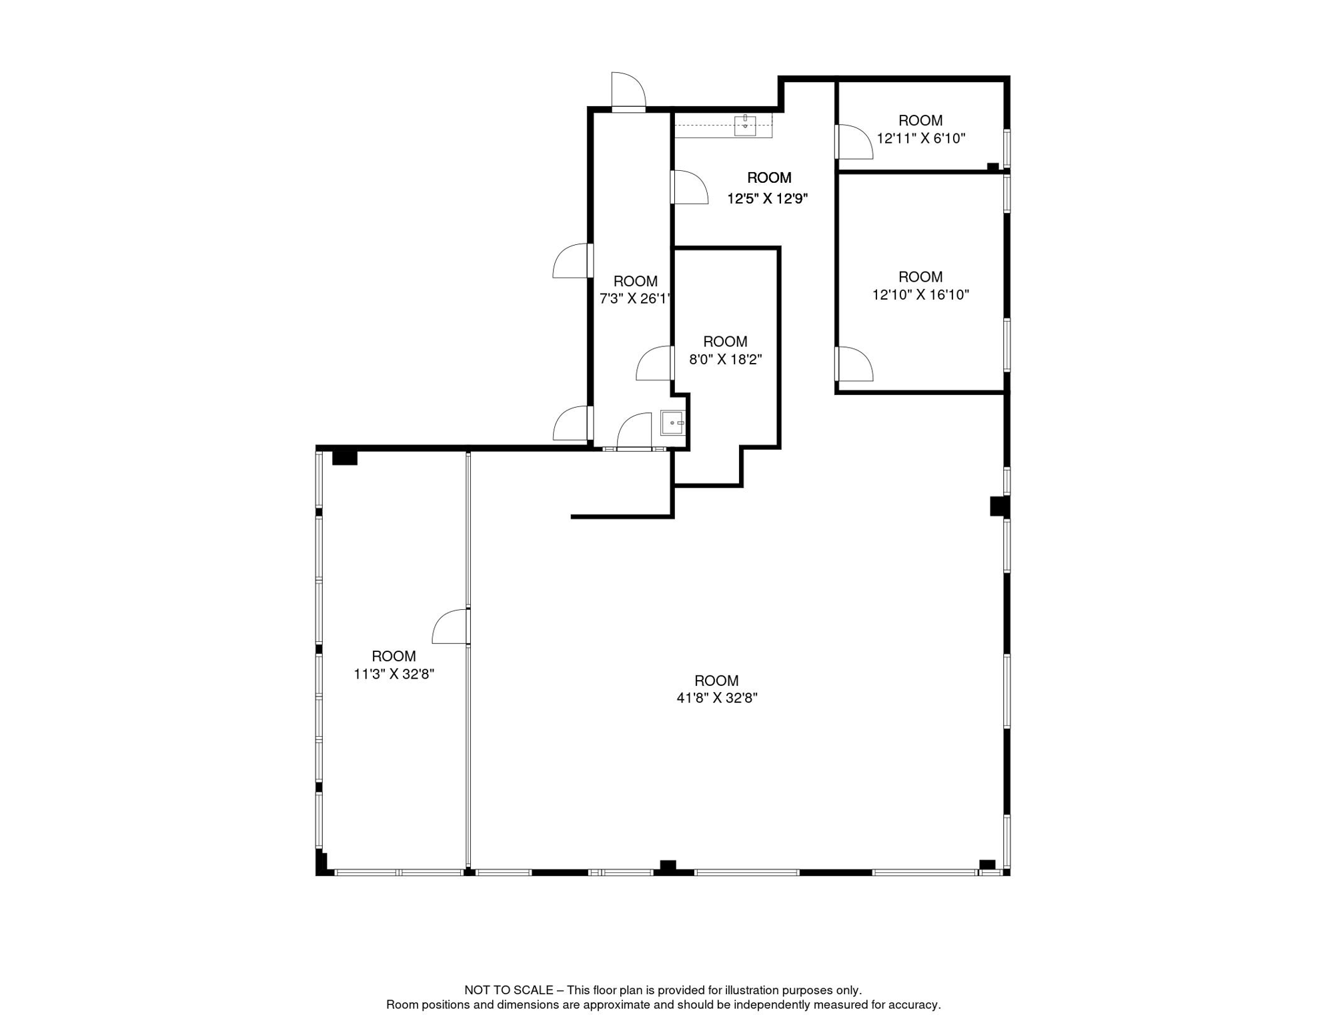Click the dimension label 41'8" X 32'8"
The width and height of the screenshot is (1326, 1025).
click(717, 698)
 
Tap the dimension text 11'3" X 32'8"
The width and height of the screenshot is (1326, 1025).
click(394, 674)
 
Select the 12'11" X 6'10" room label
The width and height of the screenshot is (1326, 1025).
click(920, 138)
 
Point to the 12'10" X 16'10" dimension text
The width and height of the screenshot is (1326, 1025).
click(920, 294)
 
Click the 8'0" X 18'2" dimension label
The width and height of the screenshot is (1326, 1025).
click(725, 359)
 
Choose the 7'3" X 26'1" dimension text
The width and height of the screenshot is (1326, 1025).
click(634, 298)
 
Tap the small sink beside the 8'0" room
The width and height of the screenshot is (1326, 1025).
click(672, 423)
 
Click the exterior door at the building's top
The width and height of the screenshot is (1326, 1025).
click(628, 92)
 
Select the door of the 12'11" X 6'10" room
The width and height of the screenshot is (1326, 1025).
click(854, 142)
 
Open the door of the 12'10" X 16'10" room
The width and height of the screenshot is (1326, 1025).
click(854, 364)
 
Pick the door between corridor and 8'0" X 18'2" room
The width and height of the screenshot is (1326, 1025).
click(654, 364)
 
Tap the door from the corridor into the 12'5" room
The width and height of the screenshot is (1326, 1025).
click(689, 188)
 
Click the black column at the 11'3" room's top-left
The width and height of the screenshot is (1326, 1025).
click(345, 458)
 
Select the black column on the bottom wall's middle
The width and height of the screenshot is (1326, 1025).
click(668, 866)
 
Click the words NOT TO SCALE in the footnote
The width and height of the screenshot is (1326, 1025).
click(508, 990)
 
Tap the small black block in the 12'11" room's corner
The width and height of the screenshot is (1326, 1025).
click(992, 167)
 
